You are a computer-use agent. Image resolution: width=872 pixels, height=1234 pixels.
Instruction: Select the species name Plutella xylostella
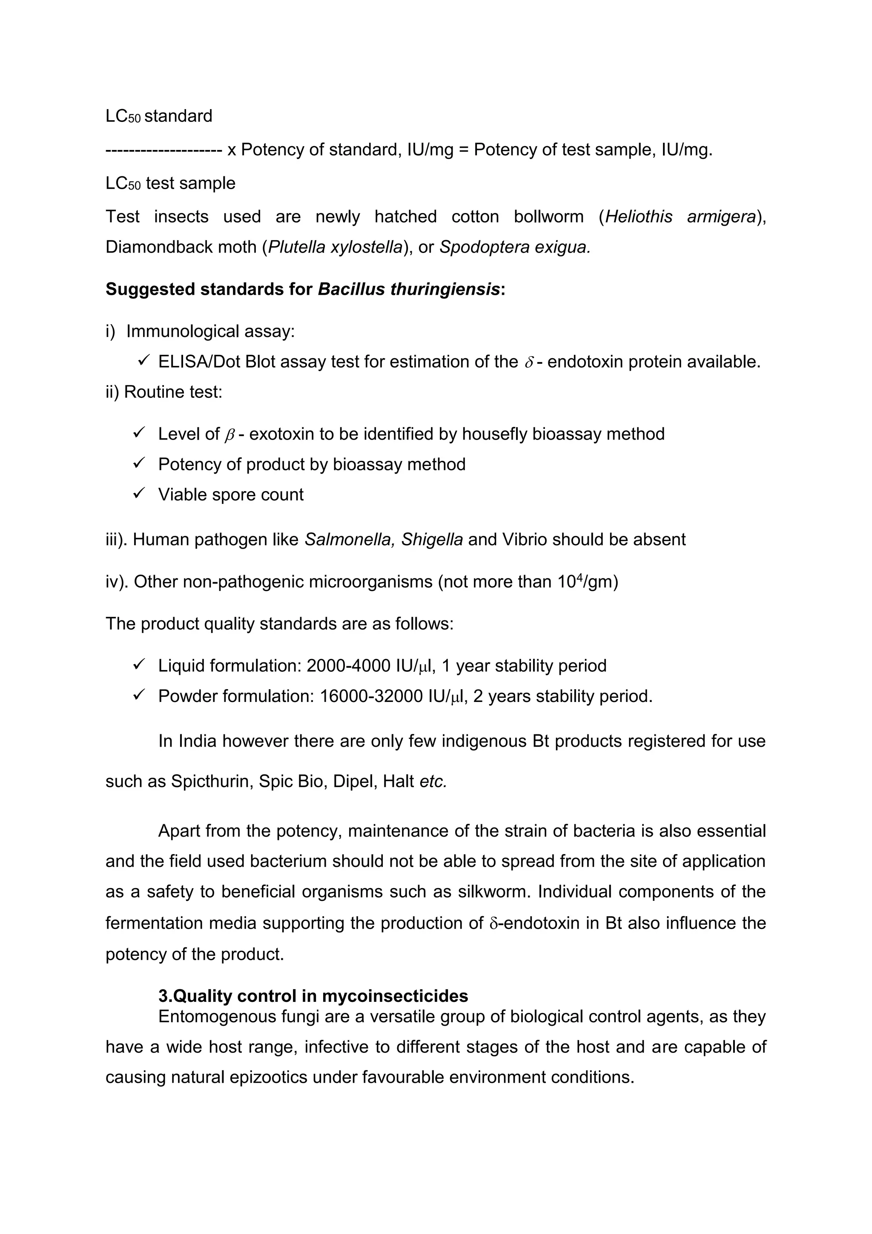coord(335,247)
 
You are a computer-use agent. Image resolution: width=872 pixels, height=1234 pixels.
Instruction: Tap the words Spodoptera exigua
coord(515,247)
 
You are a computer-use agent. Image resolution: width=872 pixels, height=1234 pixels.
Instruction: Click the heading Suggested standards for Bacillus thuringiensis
coord(305,289)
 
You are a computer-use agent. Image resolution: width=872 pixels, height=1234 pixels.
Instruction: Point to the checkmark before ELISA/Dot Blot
coord(143,361)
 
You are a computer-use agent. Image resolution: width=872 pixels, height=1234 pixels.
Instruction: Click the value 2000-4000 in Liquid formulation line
coord(348,666)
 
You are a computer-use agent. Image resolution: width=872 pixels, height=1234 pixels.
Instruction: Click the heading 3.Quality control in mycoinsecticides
coord(313,996)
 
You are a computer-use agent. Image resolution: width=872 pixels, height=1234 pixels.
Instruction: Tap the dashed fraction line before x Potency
coord(164,150)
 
